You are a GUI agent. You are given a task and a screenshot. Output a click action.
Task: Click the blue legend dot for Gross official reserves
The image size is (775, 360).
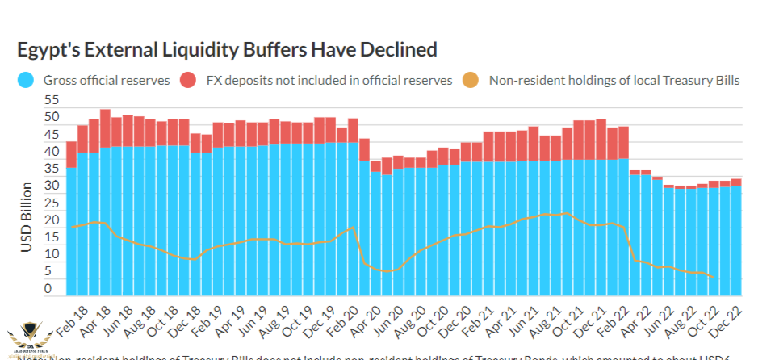point(27,80)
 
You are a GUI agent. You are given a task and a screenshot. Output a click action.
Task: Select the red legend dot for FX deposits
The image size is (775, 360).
point(188,80)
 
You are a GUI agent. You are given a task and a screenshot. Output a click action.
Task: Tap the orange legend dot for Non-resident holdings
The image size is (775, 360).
point(471,80)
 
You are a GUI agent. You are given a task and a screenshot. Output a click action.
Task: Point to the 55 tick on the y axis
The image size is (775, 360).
point(52,100)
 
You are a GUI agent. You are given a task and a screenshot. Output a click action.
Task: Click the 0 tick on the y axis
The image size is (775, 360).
point(48,288)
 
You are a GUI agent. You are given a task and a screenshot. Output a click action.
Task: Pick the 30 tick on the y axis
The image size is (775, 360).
point(52,186)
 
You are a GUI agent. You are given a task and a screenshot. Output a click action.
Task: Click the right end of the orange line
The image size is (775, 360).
point(714,277)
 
